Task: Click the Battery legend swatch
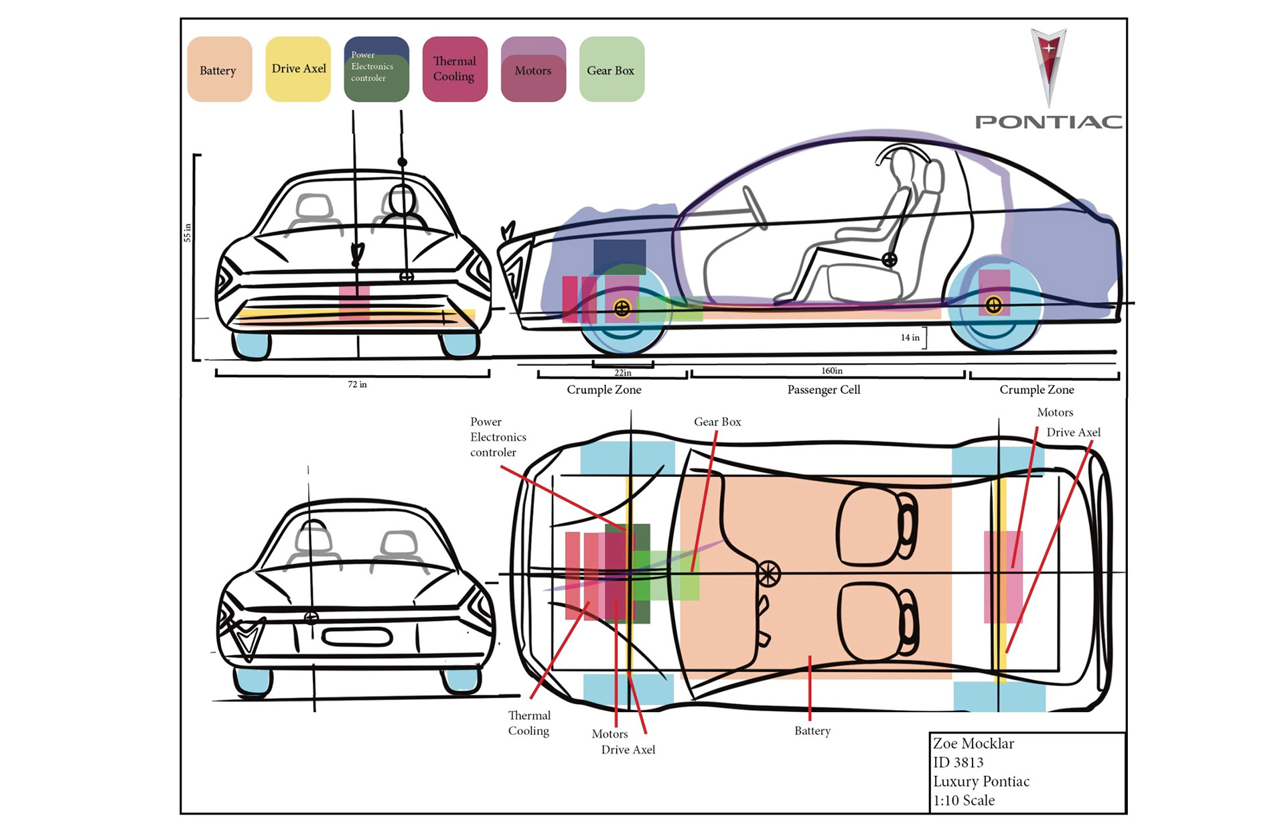[x=220, y=69]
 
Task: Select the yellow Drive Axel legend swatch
[x=298, y=69]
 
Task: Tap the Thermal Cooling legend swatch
[x=455, y=69]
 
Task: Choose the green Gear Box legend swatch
[x=612, y=69]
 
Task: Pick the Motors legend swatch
[x=533, y=69]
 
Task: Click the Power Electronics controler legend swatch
[x=376, y=69]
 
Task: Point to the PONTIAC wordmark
[x=1048, y=122]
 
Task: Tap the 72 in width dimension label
[x=357, y=385]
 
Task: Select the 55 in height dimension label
[x=188, y=232]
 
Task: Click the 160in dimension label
[x=832, y=370]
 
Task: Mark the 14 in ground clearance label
[x=910, y=338]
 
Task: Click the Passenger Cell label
[x=824, y=390]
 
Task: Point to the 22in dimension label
[x=623, y=373]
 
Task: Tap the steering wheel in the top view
[x=769, y=573]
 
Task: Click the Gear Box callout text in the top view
[x=717, y=422]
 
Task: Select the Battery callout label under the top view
[x=812, y=731]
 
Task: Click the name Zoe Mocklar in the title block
[x=973, y=744]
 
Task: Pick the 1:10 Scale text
[x=964, y=801]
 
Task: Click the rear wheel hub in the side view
[x=993, y=305]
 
